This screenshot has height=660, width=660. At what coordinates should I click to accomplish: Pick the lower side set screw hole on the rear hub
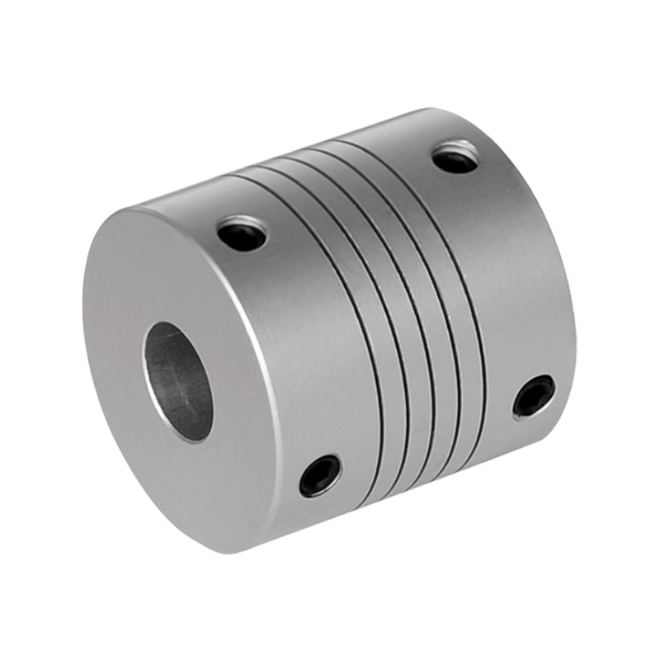pyautogui.click(x=534, y=396)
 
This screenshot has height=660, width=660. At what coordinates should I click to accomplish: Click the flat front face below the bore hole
pyautogui.click(x=190, y=478)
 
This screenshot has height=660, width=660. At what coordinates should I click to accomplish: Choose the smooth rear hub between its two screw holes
pyautogui.click(x=511, y=272)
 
